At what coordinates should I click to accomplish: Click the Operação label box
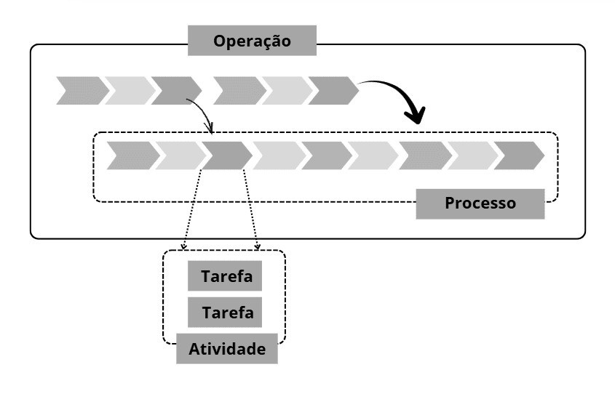pos(252,41)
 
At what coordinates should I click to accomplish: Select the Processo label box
pos(480,203)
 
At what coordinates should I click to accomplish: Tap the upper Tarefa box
pos(224,277)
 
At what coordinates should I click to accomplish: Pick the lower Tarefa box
pos(224,313)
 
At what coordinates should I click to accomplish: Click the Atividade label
pos(227,349)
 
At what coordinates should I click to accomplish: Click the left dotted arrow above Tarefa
pos(191,211)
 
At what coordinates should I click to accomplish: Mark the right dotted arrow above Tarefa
pos(251,211)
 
